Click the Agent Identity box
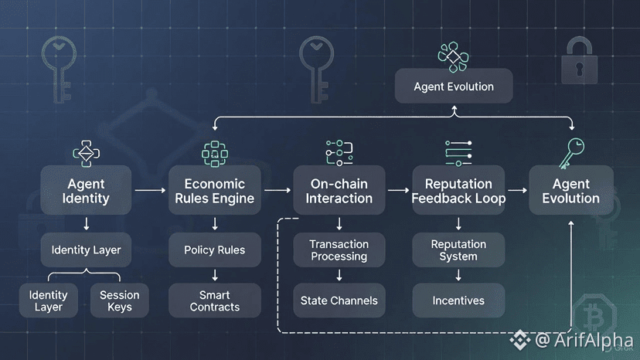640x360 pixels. click(86, 190)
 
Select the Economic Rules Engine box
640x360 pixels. click(215, 190)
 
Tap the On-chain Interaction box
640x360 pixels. click(339, 190)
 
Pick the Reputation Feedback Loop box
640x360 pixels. click(458, 190)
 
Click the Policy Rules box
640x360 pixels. click(215, 250)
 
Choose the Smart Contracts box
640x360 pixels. click(215, 301)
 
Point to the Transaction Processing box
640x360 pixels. click(339, 250)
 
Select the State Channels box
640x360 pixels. click(339, 301)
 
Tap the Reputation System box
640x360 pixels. click(458, 250)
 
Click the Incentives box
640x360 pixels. click(458, 301)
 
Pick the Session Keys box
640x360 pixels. click(120, 301)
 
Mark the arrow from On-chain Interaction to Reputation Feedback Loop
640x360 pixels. click(397, 189)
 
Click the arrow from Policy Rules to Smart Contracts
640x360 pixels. click(215, 274)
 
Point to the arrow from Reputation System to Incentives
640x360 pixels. click(458, 274)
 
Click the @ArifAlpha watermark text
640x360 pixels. click(584, 340)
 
